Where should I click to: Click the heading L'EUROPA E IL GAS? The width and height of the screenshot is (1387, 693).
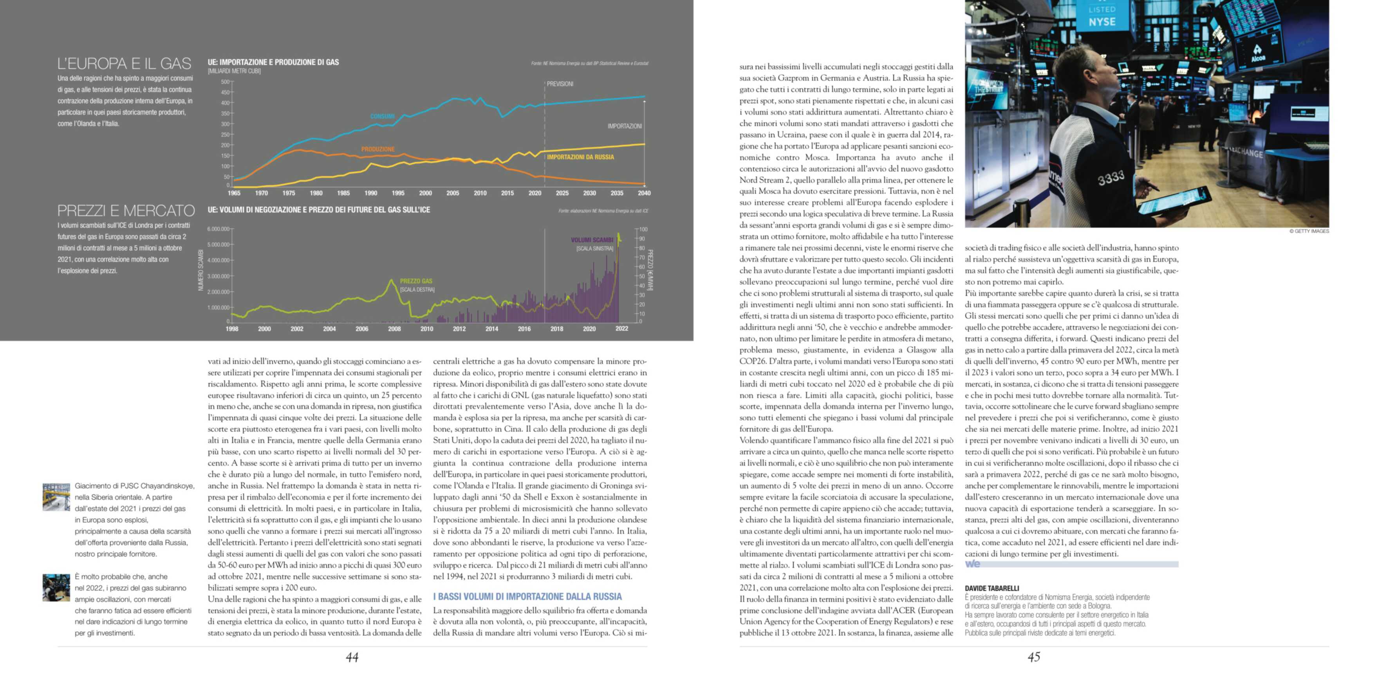[x=125, y=63]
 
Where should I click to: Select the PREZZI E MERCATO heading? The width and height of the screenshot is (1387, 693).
[x=126, y=211]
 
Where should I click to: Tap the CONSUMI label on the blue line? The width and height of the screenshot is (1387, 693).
[x=382, y=116]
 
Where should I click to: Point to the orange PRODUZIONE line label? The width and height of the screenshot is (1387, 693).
[x=378, y=149]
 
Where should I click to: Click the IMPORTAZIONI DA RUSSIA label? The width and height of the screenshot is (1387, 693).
[x=580, y=157]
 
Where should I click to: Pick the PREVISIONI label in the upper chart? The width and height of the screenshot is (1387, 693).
[x=560, y=84]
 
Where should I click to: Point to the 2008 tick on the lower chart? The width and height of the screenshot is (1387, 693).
[x=394, y=329]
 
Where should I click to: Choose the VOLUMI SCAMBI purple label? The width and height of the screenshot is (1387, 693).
[x=592, y=240]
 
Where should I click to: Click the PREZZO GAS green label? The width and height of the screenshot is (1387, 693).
[x=416, y=281]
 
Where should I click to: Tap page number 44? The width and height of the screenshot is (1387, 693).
[x=352, y=657]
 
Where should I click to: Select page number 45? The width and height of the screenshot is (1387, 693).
[x=1034, y=657]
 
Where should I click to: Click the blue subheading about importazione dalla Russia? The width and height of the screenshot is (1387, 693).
[x=527, y=597]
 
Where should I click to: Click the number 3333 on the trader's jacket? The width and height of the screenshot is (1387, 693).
[x=1111, y=177]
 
